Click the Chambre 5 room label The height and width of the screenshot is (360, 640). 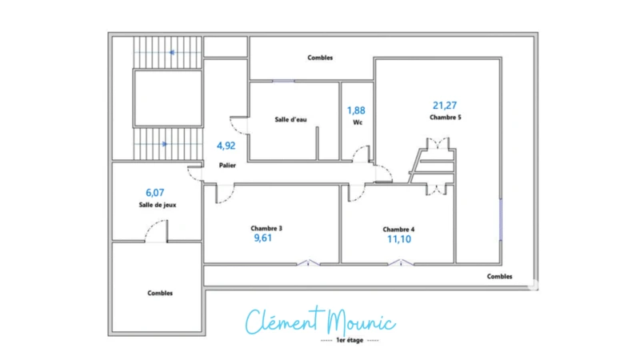(x=446, y=118)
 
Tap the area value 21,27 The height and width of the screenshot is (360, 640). (x=445, y=106)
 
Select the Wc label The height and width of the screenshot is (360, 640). (x=358, y=122)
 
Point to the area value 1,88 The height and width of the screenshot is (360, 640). (x=356, y=110)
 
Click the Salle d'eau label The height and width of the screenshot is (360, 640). (x=290, y=119)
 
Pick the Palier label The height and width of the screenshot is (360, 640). (x=227, y=166)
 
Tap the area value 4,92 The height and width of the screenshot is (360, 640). (x=226, y=146)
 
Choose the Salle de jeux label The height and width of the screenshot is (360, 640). (x=158, y=205)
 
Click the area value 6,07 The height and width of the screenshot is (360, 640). (x=154, y=193)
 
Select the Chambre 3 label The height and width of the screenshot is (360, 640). (x=266, y=229)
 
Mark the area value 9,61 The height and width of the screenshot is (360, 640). (x=263, y=238)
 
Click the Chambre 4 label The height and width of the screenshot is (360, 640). (x=398, y=230)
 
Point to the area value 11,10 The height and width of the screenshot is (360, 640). (x=399, y=239)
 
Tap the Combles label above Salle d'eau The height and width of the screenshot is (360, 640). (x=320, y=58)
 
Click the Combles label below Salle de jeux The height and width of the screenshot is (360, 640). (x=160, y=293)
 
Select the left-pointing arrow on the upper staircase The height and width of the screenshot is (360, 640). (x=172, y=53)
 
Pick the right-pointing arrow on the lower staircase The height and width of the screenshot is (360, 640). (x=165, y=144)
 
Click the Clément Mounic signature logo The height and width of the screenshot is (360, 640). (x=321, y=322)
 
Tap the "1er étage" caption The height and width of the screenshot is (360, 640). (x=350, y=341)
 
